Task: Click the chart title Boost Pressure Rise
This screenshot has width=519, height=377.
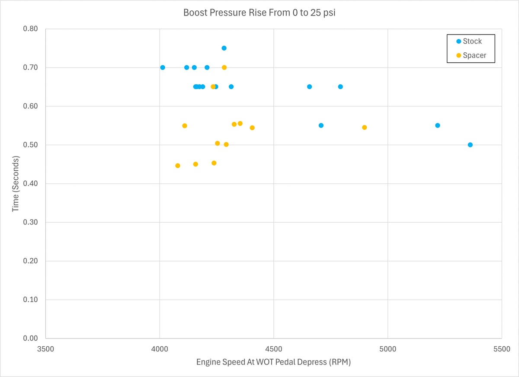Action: tap(259, 13)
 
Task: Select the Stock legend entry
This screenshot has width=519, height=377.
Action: tap(472, 42)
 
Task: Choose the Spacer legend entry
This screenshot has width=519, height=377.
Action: tap(474, 55)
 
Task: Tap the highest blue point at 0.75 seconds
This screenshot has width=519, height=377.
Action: tap(224, 48)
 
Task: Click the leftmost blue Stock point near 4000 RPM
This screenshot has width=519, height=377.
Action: tap(163, 67)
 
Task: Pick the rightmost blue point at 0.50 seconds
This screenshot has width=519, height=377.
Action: tap(470, 145)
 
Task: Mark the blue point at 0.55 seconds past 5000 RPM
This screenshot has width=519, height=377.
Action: tap(438, 125)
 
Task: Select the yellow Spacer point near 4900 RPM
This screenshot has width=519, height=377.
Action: tap(365, 128)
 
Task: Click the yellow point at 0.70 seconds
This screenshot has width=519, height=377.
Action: tap(224, 67)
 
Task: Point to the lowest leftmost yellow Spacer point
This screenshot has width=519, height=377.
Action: tap(178, 166)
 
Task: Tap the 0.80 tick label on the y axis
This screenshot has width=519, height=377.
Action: tap(31, 29)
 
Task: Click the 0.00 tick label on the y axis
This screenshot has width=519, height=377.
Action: tap(31, 339)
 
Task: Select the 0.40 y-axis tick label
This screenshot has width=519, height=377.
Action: tap(31, 184)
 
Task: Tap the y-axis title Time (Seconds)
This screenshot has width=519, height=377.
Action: tap(16, 184)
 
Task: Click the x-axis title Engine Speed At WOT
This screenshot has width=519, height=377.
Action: tap(273, 362)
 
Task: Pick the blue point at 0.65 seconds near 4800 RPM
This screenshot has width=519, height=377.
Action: tap(340, 86)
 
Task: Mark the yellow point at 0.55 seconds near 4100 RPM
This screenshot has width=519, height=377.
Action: tap(185, 126)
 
